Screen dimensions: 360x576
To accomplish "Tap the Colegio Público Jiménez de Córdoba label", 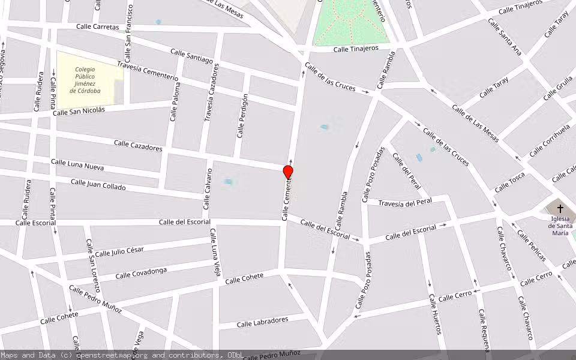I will [85, 80].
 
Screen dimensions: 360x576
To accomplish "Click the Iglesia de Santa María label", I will [560, 222].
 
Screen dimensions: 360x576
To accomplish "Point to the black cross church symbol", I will [560, 209].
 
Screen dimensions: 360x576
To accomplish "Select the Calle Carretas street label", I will [98, 26].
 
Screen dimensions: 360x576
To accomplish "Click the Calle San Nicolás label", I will [79, 111].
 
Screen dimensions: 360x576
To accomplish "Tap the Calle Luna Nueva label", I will [77, 163].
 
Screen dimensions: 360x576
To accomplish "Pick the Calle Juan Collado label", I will [98, 184].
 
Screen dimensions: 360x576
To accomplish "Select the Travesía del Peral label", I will [406, 203].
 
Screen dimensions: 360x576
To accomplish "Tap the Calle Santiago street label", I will [191, 56].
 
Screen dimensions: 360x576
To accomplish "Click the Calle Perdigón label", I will [243, 116].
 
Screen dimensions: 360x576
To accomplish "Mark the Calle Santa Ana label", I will [504, 37].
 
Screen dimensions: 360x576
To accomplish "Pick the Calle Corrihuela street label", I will [549, 142].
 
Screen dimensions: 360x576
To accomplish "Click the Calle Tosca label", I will [509, 182].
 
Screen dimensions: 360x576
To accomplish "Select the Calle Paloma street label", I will [175, 102].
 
